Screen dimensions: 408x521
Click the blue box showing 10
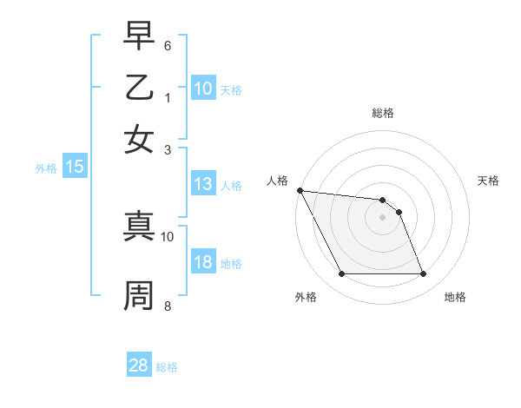[x=203, y=88]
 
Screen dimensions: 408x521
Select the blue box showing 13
[x=203, y=184]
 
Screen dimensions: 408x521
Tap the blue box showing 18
[x=203, y=262]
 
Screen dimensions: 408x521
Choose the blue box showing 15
[x=75, y=168]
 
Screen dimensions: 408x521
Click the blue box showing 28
[x=139, y=365]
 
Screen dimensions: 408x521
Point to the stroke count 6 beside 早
[x=168, y=45]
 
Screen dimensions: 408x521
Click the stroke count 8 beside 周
[x=168, y=306]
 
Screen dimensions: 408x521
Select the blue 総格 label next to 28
[x=167, y=367]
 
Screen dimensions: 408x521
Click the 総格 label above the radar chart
[x=383, y=113]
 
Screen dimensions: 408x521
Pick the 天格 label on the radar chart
[x=488, y=181]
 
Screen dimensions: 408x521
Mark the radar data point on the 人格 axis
[x=300, y=190]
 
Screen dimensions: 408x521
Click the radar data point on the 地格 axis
[x=424, y=274]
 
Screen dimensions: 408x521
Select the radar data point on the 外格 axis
[x=341, y=274]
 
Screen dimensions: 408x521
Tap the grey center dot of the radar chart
[x=383, y=217]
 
